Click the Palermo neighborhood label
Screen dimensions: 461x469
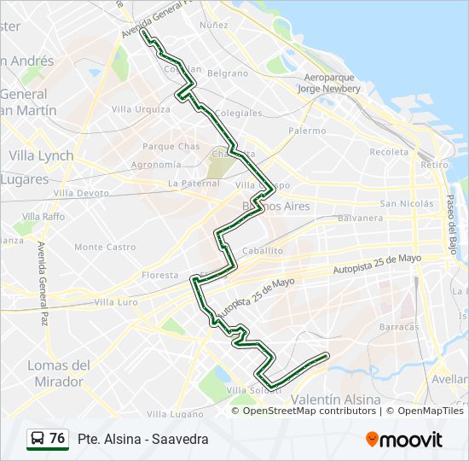click(307, 131)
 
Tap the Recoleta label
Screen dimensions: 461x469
click(389, 152)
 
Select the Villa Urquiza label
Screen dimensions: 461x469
click(141, 109)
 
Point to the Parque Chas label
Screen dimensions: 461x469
click(171, 147)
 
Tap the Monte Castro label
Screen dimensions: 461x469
click(105, 247)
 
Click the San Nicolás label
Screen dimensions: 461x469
click(408, 203)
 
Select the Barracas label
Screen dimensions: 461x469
click(401, 326)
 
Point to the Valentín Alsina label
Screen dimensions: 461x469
click(336, 399)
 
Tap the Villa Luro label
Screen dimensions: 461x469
click(116, 302)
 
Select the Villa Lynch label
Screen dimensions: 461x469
click(41, 156)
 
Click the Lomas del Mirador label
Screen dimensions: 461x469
click(59, 373)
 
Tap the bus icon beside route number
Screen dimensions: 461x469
click(38, 439)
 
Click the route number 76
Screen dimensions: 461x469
click(57, 439)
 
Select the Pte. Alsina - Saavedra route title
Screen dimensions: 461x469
click(142, 439)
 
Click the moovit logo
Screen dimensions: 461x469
click(404, 439)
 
